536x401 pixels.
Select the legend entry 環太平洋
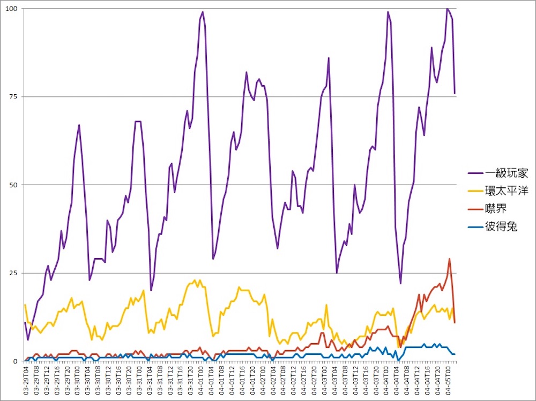pyautogui.click(x=507, y=191)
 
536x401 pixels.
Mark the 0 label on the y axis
pyautogui.click(x=16, y=361)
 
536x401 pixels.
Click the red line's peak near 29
pyautogui.click(x=450, y=259)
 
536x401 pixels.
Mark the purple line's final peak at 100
pyautogui.click(x=447, y=9)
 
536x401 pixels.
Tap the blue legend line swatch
pyautogui.click(x=474, y=227)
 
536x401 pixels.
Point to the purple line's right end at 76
pyautogui.click(x=455, y=93)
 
